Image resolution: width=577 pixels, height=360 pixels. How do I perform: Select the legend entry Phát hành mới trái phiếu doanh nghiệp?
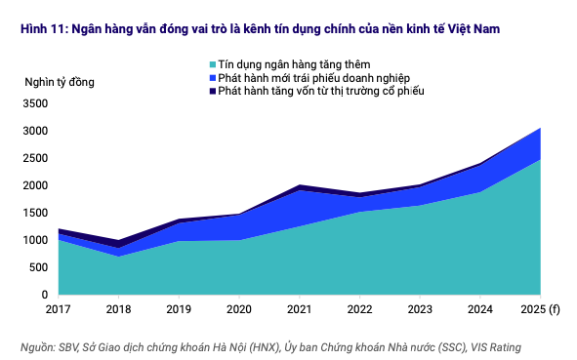[x=304, y=77]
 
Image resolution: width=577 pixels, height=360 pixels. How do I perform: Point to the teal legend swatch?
[x=212, y=64]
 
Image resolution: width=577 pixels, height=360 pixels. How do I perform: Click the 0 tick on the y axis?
[x=44, y=295]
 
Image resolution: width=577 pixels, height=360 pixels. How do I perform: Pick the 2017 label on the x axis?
[x=59, y=311]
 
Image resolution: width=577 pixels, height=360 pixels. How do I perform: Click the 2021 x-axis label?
[x=299, y=311]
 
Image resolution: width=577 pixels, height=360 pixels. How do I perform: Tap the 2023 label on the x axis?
[x=420, y=311]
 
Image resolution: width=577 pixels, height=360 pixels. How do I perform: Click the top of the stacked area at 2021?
[x=299, y=184]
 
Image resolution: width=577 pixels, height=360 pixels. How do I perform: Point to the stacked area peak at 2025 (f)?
[x=540, y=128]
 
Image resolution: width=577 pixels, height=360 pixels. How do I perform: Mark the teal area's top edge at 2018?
[x=118, y=256]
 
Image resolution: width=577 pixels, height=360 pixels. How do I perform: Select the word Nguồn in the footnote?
[x=37, y=346]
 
